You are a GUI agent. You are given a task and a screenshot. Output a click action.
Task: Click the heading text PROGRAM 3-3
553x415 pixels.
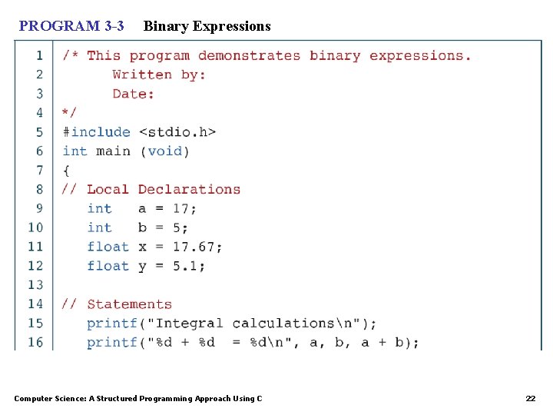71,26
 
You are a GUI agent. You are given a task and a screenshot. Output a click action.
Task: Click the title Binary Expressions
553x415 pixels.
207,26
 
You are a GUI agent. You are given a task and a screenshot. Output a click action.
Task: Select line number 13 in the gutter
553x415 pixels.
35,285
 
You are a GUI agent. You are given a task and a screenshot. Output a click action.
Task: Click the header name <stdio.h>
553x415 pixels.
177,132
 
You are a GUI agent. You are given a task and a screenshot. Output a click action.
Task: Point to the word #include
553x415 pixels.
96,132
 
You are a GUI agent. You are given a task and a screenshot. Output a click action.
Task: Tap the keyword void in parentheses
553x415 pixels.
164,151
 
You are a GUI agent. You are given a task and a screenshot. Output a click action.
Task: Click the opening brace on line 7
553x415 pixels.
66,171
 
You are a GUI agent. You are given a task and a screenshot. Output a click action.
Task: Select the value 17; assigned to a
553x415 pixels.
185,209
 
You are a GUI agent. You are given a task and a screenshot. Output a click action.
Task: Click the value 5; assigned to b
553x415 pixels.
180,227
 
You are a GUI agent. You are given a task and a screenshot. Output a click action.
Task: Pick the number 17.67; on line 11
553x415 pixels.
197,247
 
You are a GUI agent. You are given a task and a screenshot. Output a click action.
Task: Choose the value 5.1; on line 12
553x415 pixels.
189,266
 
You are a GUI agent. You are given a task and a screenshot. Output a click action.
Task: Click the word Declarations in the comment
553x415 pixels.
189,190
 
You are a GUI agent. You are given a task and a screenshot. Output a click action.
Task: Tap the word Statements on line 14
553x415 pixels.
129,304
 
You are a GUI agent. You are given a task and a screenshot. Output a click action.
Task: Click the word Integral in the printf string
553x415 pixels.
189,324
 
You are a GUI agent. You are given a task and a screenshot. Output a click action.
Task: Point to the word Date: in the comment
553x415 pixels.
133,94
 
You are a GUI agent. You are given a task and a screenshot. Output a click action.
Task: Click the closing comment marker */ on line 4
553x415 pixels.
70,113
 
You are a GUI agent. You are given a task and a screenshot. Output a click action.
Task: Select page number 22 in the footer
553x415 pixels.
530,398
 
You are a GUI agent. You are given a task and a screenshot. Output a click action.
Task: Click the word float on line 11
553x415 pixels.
108,247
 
